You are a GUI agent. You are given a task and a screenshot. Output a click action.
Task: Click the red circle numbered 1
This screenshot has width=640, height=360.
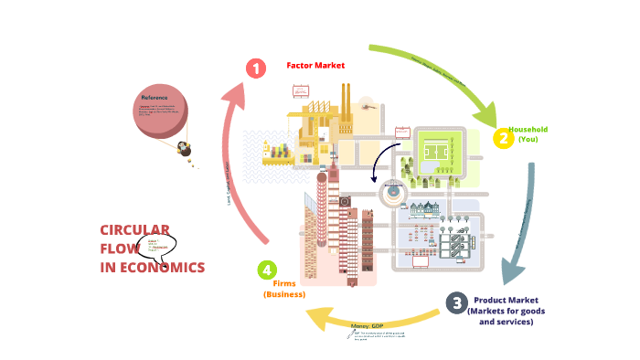[x=255, y=69]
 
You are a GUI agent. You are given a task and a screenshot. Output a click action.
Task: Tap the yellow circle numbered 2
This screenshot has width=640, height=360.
[x=502, y=139]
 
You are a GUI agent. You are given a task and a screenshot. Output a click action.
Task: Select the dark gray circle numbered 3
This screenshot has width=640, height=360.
[x=456, y=303]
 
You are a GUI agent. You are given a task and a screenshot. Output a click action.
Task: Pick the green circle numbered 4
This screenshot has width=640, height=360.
[x=266, y=270]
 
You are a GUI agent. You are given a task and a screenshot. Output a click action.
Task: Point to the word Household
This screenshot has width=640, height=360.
[x=528, y=130]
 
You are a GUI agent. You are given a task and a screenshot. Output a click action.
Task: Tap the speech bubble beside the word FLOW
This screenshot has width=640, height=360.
[x=155, y=248]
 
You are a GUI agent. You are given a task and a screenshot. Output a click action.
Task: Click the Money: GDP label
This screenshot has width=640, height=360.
[x=367, y=326]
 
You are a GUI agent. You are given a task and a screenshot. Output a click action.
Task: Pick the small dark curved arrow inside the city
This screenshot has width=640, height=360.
[x=382, y=161]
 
